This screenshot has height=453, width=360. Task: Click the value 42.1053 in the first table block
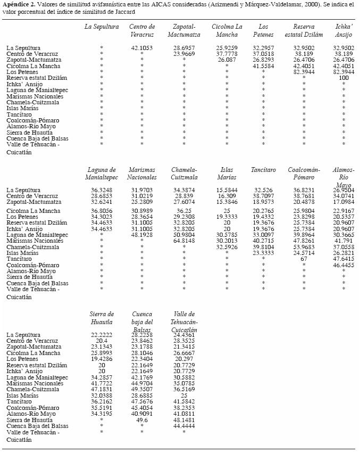142,48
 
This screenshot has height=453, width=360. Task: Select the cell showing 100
344,78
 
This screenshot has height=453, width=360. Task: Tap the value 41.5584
263,65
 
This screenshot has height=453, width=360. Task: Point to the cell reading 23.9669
184,54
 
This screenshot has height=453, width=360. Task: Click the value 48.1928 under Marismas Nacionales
142,235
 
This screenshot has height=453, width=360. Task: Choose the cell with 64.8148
184,241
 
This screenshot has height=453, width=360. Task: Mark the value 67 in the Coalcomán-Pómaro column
304,258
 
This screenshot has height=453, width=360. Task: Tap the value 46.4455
344,265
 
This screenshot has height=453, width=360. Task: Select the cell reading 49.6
142,419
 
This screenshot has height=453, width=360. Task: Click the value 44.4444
184,425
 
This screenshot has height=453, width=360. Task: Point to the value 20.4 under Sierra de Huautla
102,340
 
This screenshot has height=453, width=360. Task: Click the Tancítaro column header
263,170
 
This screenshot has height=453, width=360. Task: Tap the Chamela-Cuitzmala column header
184,174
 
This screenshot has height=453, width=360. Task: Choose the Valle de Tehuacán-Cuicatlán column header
184,322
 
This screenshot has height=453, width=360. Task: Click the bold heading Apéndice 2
20,4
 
